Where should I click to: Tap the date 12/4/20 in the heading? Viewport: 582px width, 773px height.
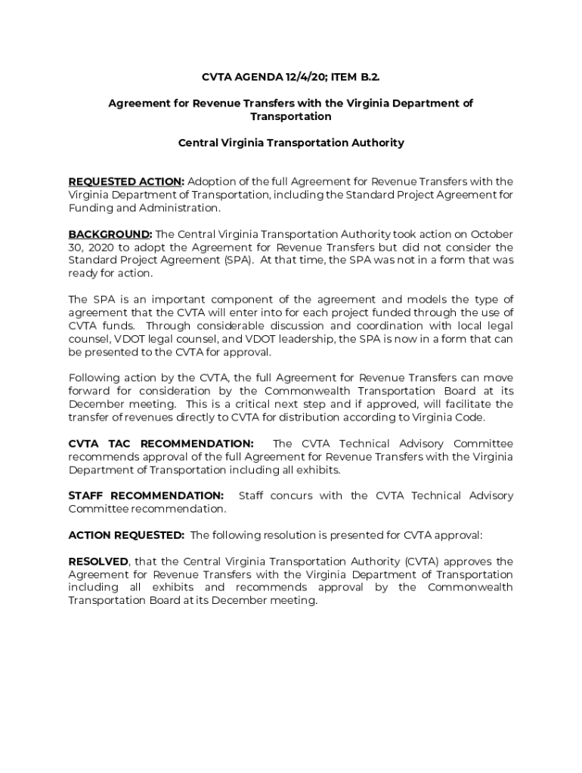pyautogui.click(x=305, y=77)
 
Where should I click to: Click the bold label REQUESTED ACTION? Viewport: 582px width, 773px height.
pyautogui.click(x=125, y=181)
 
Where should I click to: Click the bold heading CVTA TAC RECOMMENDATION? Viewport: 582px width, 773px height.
pyautogui.click(x=161, y=444)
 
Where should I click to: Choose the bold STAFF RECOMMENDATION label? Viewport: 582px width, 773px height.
pyautogui.click(x=146, y=496)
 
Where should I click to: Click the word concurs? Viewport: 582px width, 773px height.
pyautogui.click(x=308, y=496)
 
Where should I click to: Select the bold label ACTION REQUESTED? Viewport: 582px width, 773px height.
pyautogui.click(x=126, y=535)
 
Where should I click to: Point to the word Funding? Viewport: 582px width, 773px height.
pyautogui.click(x=89, y=208)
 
